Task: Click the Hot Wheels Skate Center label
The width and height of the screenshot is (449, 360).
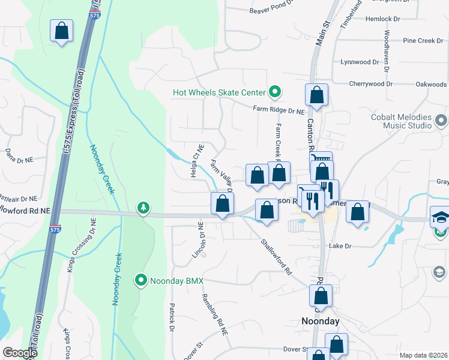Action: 218,92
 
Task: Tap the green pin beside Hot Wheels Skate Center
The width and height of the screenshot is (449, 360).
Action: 275,92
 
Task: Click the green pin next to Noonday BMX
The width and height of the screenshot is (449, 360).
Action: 140,280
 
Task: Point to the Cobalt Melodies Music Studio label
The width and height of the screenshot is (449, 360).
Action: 401,121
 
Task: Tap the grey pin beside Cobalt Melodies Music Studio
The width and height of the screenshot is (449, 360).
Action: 441,121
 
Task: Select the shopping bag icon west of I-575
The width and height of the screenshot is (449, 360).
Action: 61,31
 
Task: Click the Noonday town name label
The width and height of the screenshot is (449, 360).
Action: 320,321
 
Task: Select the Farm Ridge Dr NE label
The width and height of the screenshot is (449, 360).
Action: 279,109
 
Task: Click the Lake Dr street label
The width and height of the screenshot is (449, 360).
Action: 339,246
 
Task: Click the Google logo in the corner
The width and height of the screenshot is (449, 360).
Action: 20,353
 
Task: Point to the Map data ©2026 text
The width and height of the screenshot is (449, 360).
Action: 423,355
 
